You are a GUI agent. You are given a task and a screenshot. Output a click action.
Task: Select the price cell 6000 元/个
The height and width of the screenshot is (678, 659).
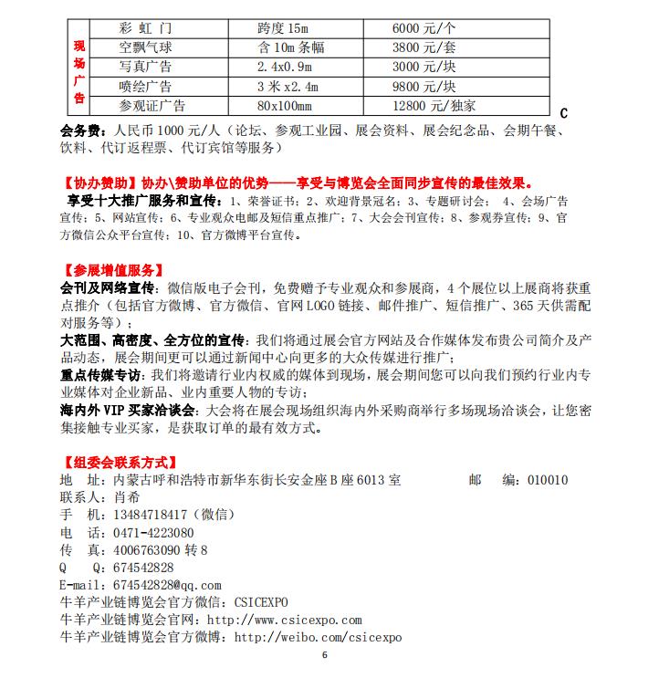click(424, 28)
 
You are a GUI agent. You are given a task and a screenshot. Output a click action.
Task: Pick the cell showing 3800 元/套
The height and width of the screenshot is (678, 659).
click(424, 47)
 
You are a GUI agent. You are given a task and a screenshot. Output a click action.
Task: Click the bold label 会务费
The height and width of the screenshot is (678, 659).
click(79, 130)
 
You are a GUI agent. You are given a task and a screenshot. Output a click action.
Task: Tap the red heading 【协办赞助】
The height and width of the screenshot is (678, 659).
click(99, 183)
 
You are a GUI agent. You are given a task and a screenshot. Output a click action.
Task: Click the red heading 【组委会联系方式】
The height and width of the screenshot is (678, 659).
click(119, 462)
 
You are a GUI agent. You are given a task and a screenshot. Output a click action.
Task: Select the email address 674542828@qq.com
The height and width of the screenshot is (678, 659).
click(166, 585)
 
